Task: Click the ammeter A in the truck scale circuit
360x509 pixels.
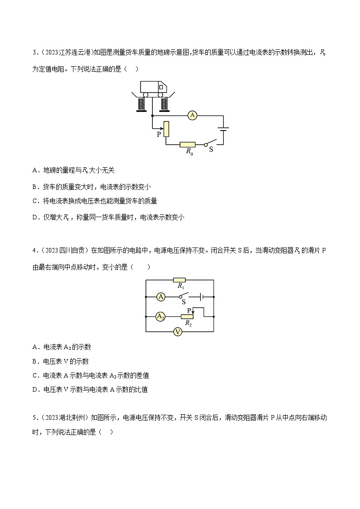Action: (x=192, y=116)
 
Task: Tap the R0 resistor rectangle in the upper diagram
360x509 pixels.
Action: (x=187, y=145)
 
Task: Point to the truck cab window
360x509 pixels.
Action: (x=160, y=87)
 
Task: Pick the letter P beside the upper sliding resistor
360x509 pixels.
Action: (x=159, y=135)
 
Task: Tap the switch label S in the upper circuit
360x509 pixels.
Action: (x=211, y=149)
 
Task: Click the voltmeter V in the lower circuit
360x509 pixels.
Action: (x=178, y=332)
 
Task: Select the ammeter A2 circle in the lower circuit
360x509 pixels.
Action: (x=160, y=316)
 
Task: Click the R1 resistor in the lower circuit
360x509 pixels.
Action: (x=180, y=280)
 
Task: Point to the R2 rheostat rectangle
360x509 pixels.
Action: (x=187, y=316)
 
